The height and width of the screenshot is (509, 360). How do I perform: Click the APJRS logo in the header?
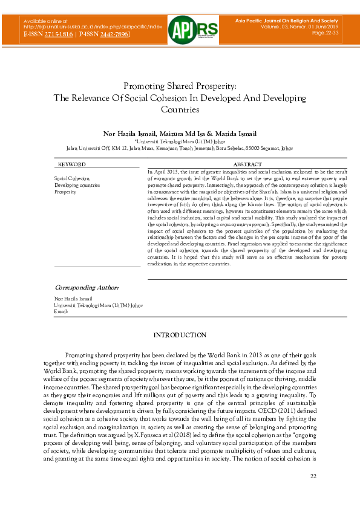click(180, 28)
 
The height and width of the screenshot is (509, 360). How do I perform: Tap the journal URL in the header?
click(93, 27)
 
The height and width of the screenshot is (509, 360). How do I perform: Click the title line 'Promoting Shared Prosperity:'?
click(180, 86)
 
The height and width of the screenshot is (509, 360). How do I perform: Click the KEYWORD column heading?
click(71, 164)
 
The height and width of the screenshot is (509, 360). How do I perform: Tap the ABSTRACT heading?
click(247, 164)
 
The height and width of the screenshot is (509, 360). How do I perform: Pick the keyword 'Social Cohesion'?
click(72, 178)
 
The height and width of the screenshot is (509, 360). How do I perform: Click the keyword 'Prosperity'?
click(65, 192)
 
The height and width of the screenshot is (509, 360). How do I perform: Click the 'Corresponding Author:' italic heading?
click(87, 287)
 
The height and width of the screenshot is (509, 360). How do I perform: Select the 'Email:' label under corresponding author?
click(61, 311)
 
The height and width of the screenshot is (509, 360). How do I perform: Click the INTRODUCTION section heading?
click(180, 335)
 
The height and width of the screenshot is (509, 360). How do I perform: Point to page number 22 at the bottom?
click(313, 477)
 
